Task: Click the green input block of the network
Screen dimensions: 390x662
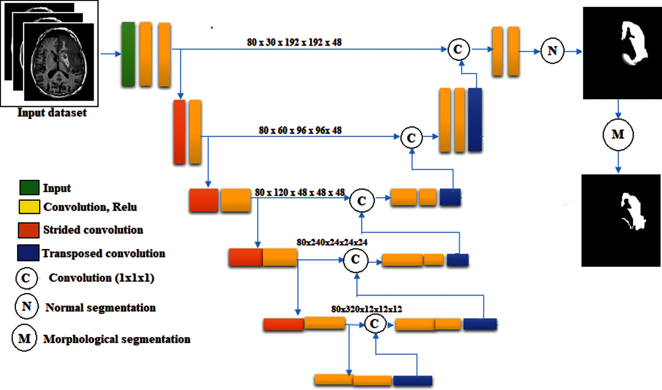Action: [128, 54]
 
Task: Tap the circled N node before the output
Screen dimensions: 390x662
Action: [552, 51]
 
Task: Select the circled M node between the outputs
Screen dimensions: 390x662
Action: [618, 135]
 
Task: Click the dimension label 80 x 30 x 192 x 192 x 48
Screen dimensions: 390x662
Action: [294, 42]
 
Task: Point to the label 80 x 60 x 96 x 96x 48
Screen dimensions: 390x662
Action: [300, 130]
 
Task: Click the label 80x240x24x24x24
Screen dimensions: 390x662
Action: [332, 242]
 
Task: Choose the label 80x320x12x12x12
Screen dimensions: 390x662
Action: [366, 309]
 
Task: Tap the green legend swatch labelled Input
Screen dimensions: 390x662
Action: [29, 187]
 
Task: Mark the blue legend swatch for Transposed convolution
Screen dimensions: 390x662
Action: [28, 253]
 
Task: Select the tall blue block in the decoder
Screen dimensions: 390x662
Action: [475, 120]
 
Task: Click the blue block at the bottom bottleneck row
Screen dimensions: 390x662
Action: [412, 381]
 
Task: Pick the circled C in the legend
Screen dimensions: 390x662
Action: [26, 278]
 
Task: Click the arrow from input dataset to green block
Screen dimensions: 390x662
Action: [111, 54]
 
